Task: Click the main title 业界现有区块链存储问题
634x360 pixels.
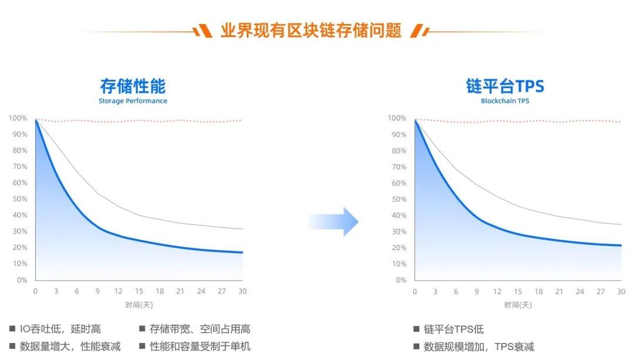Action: coord(311,31)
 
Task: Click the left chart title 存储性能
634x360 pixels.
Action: coord(133,86)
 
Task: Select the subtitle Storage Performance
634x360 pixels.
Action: coord(133,101)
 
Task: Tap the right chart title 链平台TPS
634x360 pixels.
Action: coord(505,86)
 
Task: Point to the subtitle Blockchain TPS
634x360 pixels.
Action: coord(505,101)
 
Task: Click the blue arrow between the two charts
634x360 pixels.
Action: coord(333,221)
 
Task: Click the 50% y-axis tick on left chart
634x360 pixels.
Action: coord(20,199)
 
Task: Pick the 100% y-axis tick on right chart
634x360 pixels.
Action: coord(397,118)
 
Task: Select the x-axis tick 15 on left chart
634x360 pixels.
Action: coord(139,291)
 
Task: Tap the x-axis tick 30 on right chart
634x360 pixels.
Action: coord(621,292)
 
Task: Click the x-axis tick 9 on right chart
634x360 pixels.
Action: coord(477,292)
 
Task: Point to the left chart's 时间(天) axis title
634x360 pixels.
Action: coord(139,305)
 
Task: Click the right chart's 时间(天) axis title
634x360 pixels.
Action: coord(518,305)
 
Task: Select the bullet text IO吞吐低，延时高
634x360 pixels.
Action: coord(60,329)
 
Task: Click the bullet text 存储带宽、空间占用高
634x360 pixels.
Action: coord(200,329)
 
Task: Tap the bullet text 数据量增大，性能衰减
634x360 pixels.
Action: coord(70,346)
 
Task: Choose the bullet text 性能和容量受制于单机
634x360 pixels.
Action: coord(200,346)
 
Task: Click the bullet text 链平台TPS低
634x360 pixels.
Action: coord(454,329)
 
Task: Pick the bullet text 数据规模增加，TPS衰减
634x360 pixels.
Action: coord(479,346)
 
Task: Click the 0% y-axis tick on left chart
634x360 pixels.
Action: coord(22,280)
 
